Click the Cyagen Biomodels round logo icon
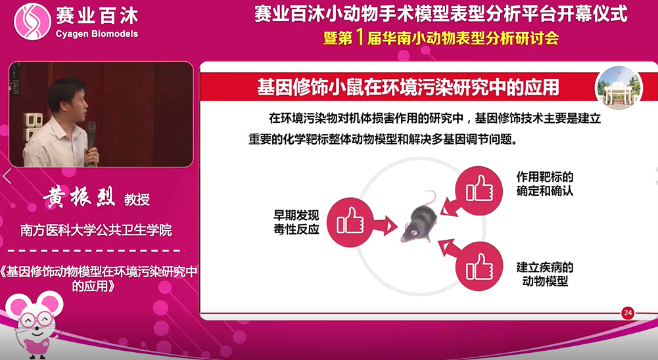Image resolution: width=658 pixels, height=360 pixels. [x=32, y=22]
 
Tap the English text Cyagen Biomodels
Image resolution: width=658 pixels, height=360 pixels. [x=97, y=34]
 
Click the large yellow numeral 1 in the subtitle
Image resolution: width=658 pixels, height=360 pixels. [x=359, y=37]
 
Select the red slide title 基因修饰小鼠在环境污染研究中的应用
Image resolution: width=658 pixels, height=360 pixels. [x=408, y=87]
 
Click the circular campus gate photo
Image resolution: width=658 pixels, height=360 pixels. [x=619, y=89]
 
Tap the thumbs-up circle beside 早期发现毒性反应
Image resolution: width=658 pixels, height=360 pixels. [x=350, y=222]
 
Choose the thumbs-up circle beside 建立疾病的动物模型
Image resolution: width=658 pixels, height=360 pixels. [x=479, y=266]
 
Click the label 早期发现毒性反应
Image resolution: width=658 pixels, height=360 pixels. [x=296, y=223]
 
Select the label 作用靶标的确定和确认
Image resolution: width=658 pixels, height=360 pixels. [x=545, y=184]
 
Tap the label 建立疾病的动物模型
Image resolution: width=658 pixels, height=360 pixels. [x=545, y=274]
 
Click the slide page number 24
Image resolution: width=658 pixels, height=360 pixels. [x=628, y=313]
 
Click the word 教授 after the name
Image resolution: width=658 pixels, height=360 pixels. [x=137, y=200]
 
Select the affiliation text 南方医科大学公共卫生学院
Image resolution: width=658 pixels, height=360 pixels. [x=96, y=230]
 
